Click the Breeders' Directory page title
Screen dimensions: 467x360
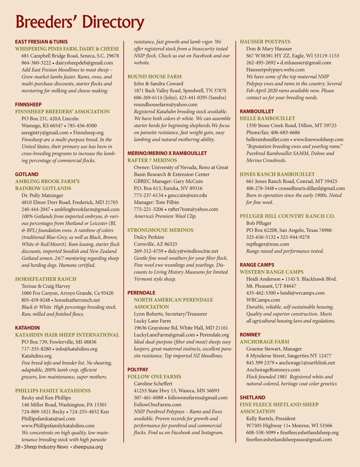tap(80, 22)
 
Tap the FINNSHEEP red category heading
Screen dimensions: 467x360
tap(28, 105)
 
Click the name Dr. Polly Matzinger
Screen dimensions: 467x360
tap(42, 195)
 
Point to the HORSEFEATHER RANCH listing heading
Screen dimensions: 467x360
tap(46, 279)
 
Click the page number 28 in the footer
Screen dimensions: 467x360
tap(17, 447)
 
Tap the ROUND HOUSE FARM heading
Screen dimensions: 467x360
tap(154, 77)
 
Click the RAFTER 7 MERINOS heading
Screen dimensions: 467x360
tap(152, 160)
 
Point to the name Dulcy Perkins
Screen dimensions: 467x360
tap(149, 237)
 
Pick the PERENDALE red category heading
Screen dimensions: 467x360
tap(141, 293)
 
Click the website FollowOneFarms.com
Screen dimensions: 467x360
tap(157, 405)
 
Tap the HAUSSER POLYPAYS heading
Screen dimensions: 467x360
tap(265, 42)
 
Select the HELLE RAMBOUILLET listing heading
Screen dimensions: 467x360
tap(267, 118)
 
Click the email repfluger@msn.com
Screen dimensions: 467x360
tap(268, 244)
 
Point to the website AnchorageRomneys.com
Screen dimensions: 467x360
tap(273, 370)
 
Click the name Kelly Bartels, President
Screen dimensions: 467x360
tap(271, 419)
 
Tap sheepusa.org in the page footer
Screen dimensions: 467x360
tap(88, 447)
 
